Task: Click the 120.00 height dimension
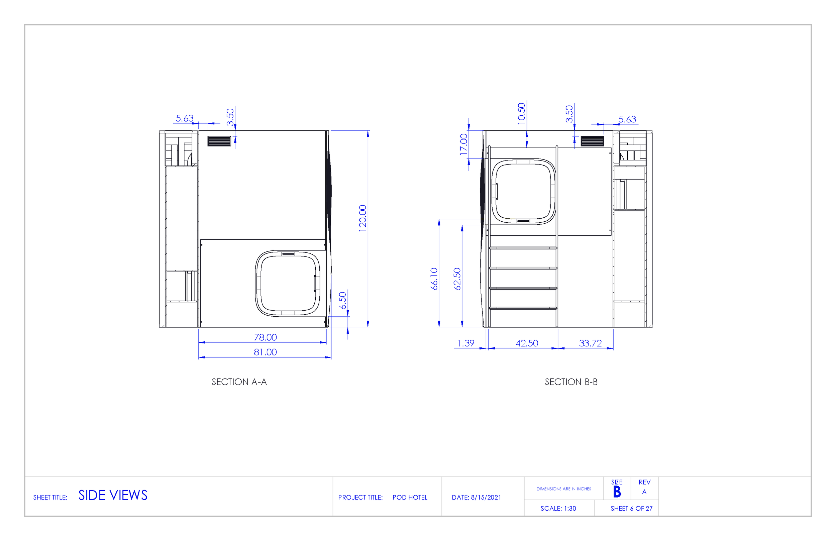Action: point(362,218)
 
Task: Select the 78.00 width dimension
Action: point(265,337)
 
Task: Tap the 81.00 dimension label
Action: point(265,352)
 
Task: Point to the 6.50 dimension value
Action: point(342,300)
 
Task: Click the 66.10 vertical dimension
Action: point(434,279)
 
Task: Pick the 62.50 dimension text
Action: point(457,279)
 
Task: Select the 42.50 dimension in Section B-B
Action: point(527,343)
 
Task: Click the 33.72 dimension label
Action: point(590,343)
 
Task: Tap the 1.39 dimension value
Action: point(465,343)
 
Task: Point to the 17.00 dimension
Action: point(464,144)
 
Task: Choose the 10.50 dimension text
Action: point(521,113)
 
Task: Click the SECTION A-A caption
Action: point(239,382)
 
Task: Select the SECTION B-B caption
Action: point(571,382)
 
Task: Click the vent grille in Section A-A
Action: point(219,141)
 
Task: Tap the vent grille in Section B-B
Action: point(592,141)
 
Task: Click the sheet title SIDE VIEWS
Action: point(113,495)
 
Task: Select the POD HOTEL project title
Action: point(410,498)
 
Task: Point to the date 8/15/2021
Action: point(486,498)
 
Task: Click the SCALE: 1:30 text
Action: point(558,508)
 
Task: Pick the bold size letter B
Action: point(617,492)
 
